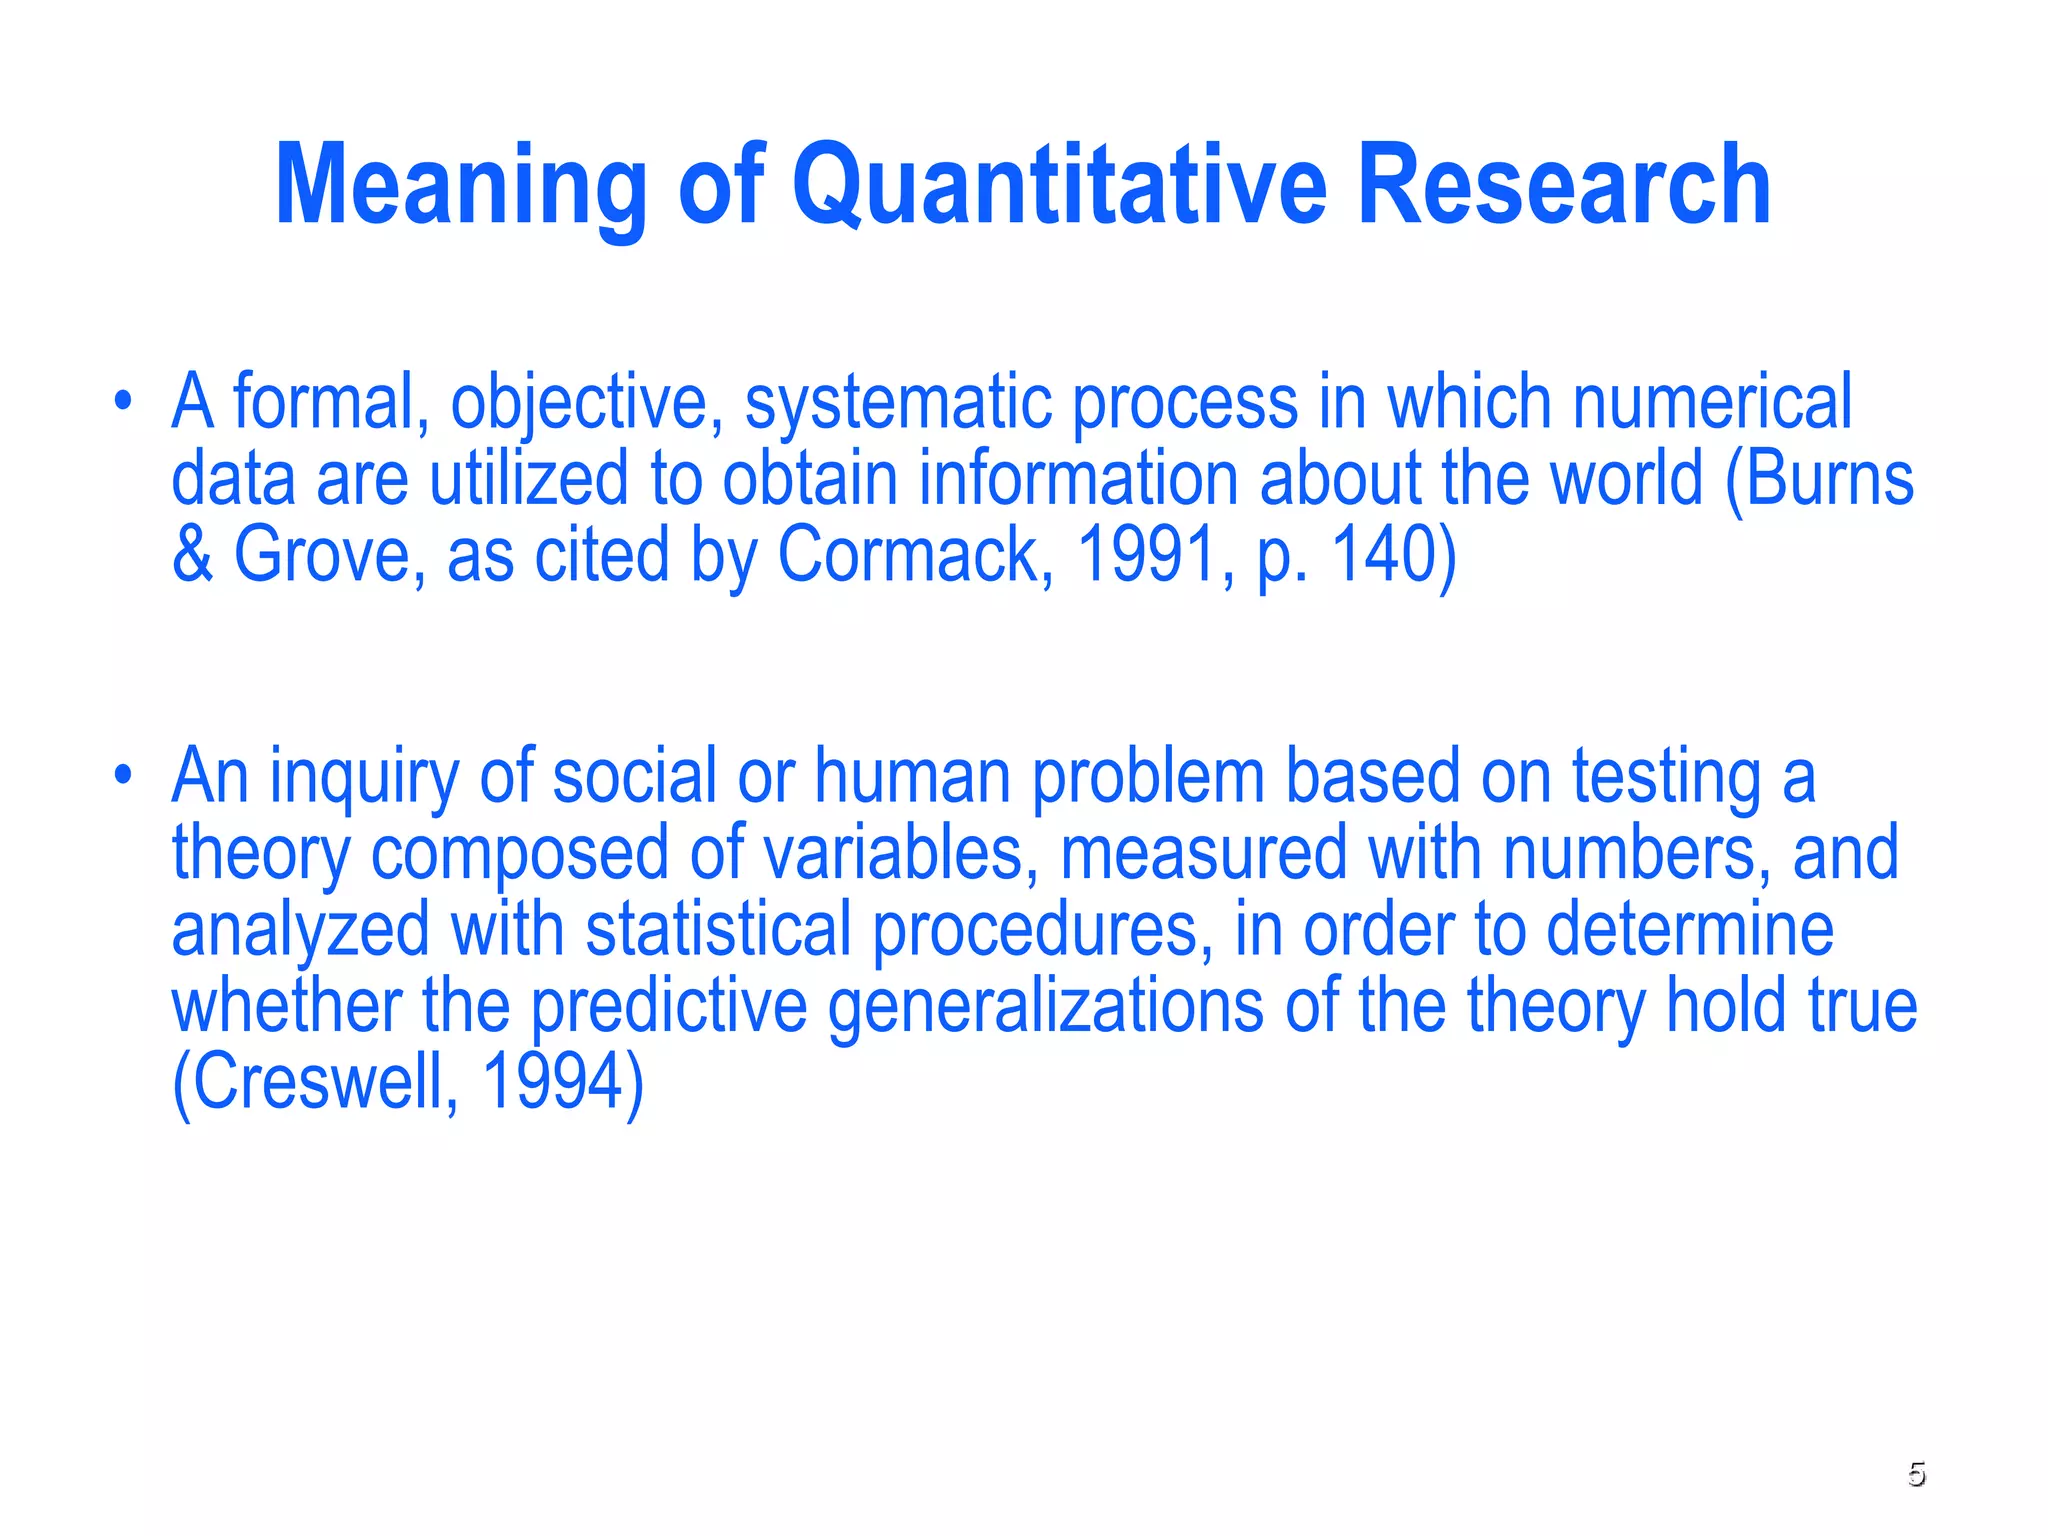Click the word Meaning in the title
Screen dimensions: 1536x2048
[x=460, y=185]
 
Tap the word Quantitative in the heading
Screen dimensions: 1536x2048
[x=1060, y=185]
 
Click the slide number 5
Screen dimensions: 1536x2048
[x=1916, y=1474]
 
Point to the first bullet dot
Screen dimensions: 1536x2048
[x=122, y=403]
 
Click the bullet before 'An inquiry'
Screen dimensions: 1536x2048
[x=122, y=777]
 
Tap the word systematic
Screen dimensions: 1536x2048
[x=897, y=403]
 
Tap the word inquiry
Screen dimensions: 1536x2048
[x=364, y=778]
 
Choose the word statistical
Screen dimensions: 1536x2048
[x=717, y=929]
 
